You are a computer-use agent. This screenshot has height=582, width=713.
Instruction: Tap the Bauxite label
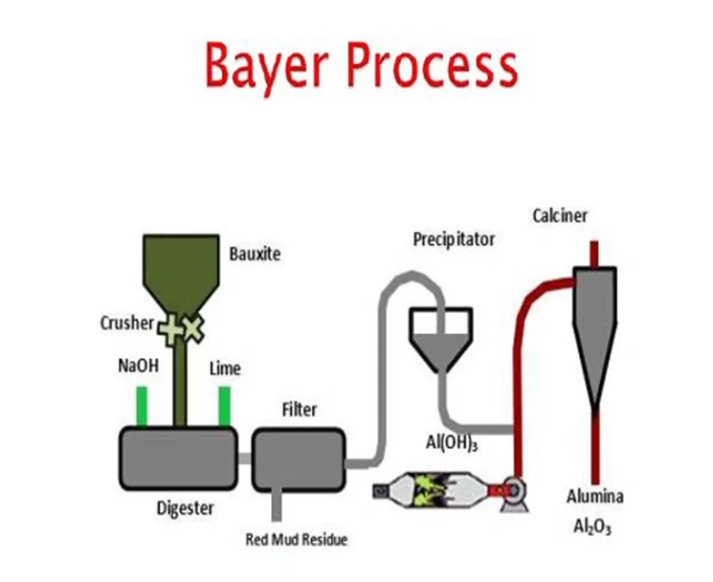coord(254,252)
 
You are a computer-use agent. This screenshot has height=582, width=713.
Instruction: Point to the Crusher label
coord(126,323)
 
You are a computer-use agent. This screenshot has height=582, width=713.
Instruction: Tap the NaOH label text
coord(138,366)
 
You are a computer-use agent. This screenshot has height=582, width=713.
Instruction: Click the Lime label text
coord(225,369)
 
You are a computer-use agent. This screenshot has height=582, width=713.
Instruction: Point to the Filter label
coord(299,409)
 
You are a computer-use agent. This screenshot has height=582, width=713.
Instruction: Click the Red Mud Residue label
coord(296,539)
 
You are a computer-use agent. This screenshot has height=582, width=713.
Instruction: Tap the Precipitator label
coord(454,239)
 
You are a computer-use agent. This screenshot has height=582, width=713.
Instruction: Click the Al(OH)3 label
coord(452,444)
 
